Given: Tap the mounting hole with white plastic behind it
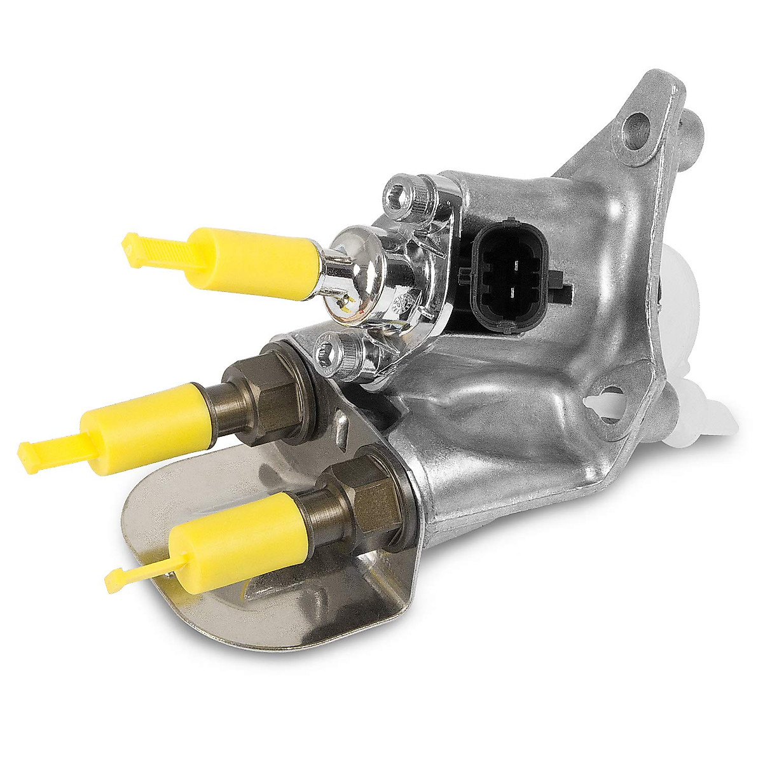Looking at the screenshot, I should click(x=611, y=404).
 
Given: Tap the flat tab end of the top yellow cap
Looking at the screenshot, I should click(x=134, y=249).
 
